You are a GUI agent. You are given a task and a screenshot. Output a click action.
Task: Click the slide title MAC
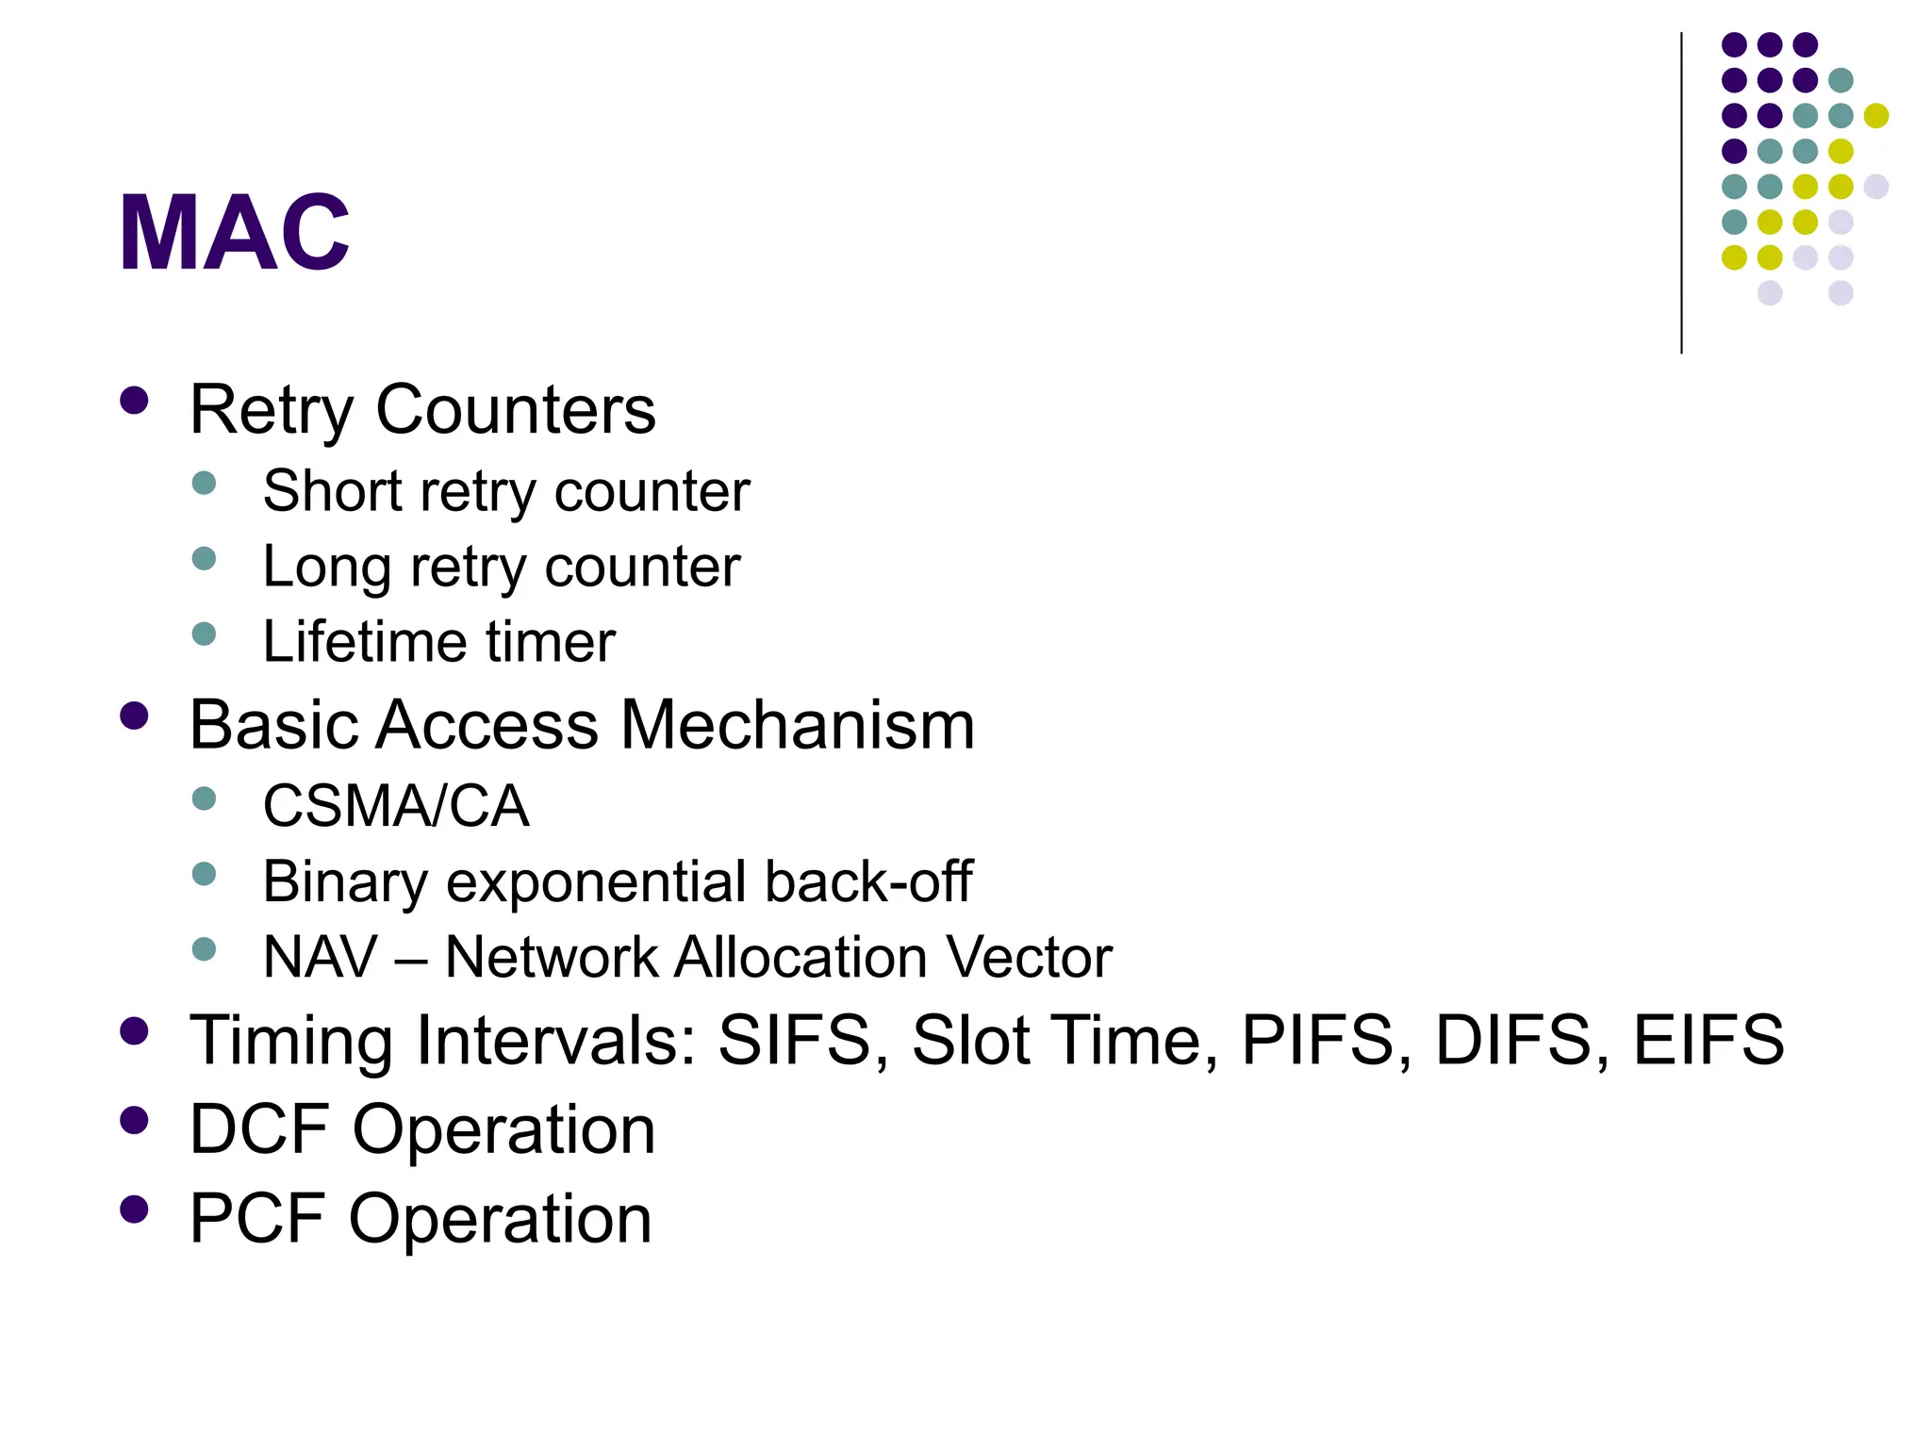pos(234,233)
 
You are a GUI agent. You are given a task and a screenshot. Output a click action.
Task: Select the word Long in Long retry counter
pos(327,568)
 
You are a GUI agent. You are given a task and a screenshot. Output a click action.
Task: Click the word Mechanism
pos(798,725)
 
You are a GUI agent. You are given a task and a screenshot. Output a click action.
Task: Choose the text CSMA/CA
pos(396,807)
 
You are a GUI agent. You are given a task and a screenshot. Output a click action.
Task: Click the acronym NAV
pos(321,958)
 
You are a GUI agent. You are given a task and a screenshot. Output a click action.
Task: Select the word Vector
pos(1029,958)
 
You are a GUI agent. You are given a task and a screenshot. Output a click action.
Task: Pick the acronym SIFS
pos(794,1040)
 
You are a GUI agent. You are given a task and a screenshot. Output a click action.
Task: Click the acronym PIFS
pos(1317,1040)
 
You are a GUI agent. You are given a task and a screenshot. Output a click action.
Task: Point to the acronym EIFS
pos(1708,1040)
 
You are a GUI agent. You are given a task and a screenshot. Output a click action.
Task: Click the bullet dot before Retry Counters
pos(135,401)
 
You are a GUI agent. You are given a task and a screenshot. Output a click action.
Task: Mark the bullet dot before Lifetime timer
pos(204,633)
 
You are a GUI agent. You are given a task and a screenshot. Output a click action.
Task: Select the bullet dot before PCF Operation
pos(135,1209)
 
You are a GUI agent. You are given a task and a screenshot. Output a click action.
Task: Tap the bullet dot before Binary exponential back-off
pos(204,874)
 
